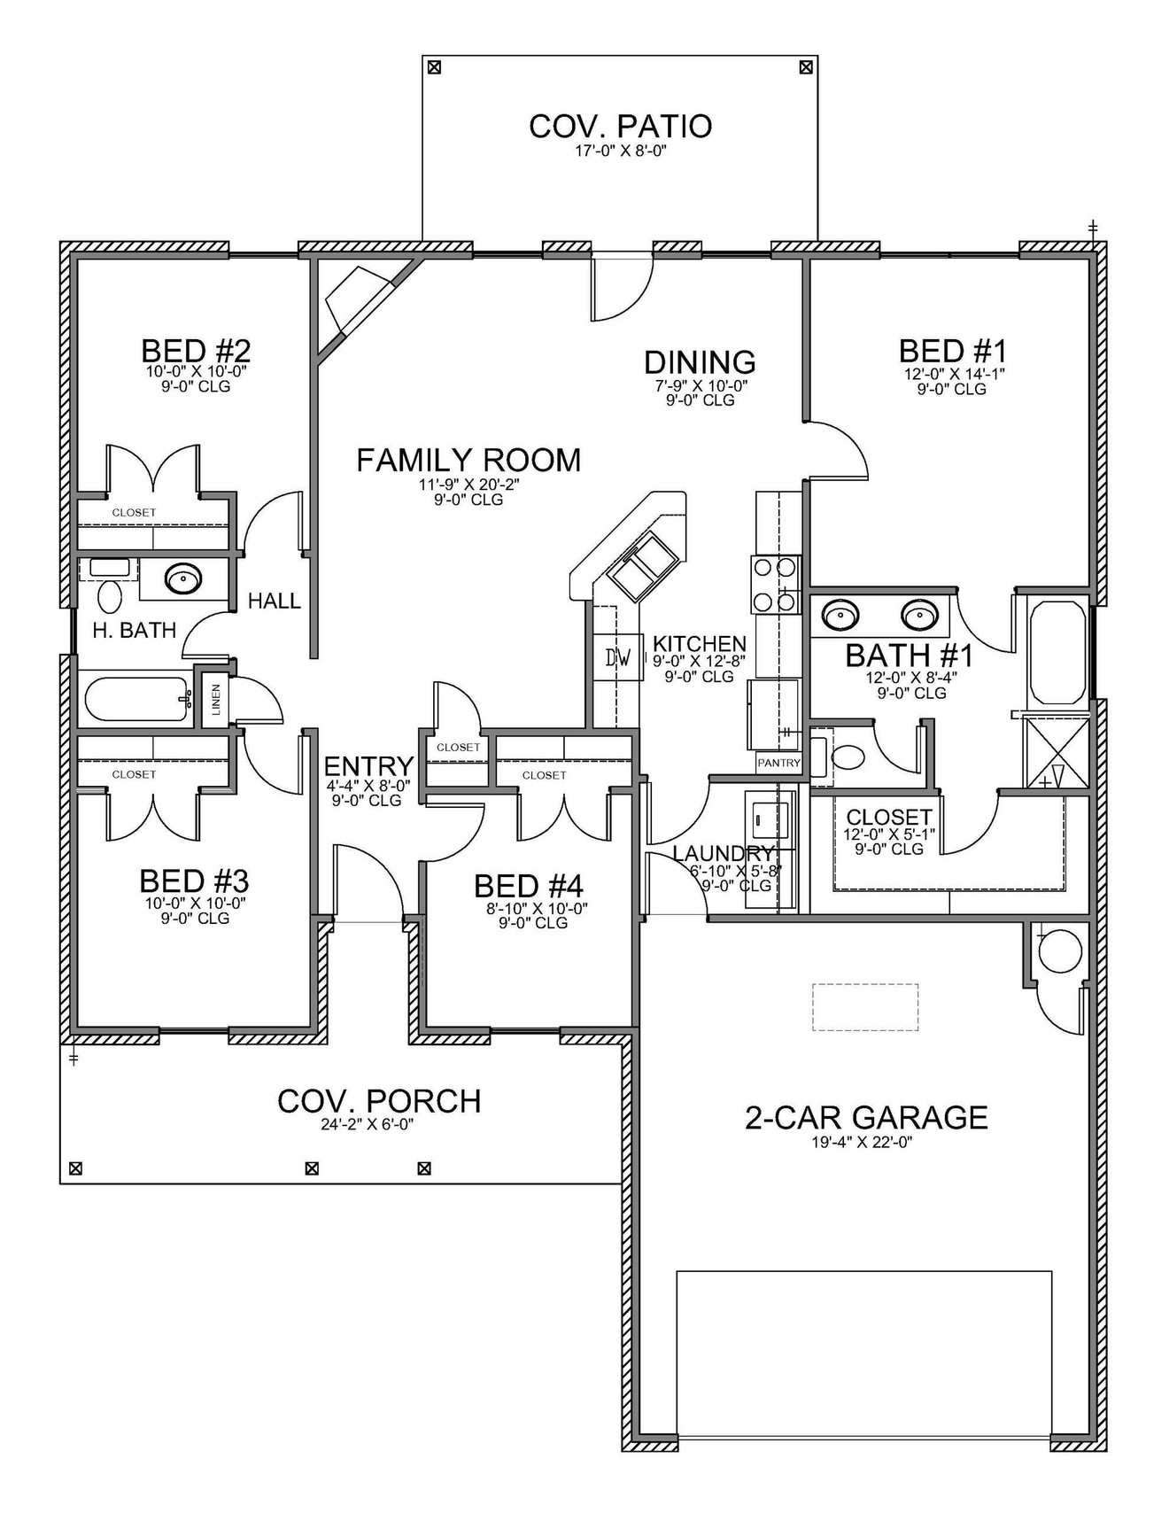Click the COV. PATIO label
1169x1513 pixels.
click(x=620, y=126)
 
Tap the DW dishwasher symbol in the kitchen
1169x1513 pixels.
click(x=618, y=657)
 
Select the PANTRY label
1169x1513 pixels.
click(x=778, y=762)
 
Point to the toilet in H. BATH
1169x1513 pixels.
click(x=110, y=596)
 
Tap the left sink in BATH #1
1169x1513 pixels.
click(x=839, y=613)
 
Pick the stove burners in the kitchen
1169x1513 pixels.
click(x=774, y=585)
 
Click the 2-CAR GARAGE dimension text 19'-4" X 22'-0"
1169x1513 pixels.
click(x=862, y=1142)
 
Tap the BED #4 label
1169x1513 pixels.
click(x=528, y=886)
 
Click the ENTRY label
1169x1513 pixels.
click(x=368, y=766)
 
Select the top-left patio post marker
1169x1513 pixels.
click(x=433, y=67)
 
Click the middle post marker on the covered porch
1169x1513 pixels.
click(x=312, y=1168)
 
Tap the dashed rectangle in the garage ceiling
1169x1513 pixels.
click(x=865, y=1006)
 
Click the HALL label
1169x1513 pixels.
click(x=274, y=601)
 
